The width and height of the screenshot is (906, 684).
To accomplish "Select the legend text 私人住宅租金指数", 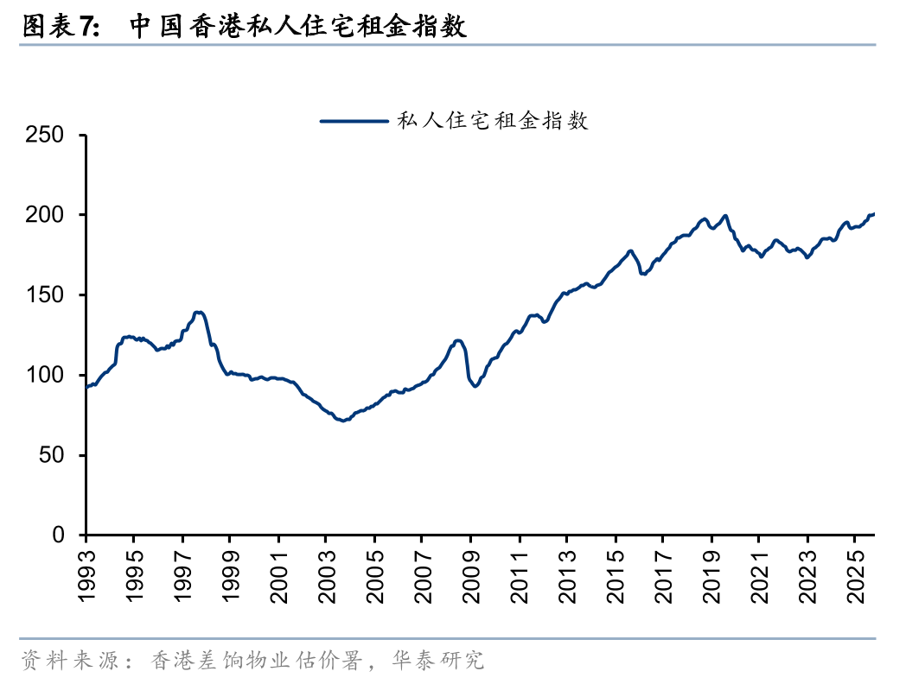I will point(492,121).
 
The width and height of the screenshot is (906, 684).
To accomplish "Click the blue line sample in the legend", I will point(354,121).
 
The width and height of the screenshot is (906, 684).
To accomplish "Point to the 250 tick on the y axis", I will point(45,135).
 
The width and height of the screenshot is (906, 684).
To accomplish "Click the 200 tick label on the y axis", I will point(45,215).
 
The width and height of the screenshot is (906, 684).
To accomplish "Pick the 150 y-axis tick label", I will point(45,295).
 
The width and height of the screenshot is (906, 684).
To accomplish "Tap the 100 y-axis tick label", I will point(45,376).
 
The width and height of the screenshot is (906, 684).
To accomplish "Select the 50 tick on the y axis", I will point(52,455).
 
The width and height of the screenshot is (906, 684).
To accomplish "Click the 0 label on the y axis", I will point(58,535).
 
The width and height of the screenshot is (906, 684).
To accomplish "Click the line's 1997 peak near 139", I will point(199,312).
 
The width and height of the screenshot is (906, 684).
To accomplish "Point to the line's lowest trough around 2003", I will point(344,421).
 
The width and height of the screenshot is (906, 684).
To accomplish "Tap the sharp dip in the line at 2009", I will point(475,385).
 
